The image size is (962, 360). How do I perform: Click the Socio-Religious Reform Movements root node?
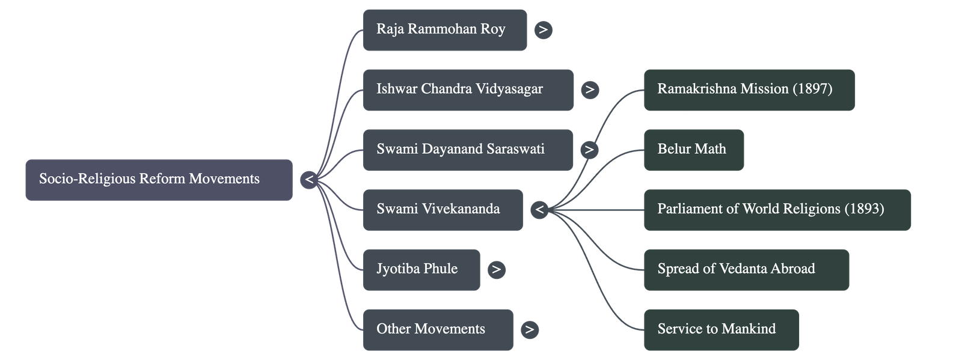coord(159,180)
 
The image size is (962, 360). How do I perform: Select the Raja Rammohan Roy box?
coord(444,29)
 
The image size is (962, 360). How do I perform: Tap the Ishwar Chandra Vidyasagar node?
coord(468,90)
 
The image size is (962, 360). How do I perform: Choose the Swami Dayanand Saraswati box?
coord(468,150)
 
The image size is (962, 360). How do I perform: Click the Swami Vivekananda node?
coord(443,210)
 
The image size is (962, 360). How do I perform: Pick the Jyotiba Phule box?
coord(421,270)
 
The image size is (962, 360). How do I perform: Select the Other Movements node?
coord(438,329)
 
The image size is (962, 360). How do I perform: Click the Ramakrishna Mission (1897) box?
coord(749,90)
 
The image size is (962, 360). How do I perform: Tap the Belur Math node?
coord(693,150)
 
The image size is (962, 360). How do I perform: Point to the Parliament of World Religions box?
coord(777,210)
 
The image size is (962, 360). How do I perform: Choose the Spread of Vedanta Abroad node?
coord(746,270)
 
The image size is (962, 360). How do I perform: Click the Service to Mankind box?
coord(721,329)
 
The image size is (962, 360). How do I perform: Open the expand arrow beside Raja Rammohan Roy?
coord(543,29)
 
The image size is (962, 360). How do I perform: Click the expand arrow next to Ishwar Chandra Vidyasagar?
coord(590,90)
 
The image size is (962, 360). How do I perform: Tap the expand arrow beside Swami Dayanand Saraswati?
coord(589,150)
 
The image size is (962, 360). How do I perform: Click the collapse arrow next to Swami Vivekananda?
coord(539,210)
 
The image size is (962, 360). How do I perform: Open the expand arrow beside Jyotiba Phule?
coord(496,270)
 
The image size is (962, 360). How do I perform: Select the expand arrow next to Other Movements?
coord(529,329)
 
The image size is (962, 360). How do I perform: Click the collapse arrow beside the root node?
coord(308,180)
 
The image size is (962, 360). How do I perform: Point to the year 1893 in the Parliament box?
coord(864,209)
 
